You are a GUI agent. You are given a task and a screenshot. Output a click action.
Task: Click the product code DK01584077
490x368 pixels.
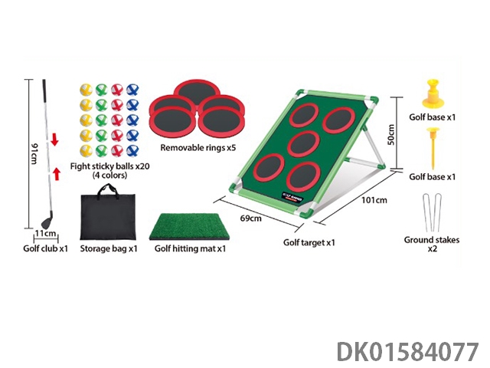click(407, 352)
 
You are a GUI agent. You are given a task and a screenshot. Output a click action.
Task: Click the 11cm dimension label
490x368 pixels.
click(47, 232)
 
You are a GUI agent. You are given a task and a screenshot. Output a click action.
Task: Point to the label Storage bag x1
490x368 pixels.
click(109, 248)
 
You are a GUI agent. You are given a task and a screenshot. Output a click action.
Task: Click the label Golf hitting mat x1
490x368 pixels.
click(190, 248)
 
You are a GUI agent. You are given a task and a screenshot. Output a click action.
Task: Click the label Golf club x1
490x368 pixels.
click(45, 248)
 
